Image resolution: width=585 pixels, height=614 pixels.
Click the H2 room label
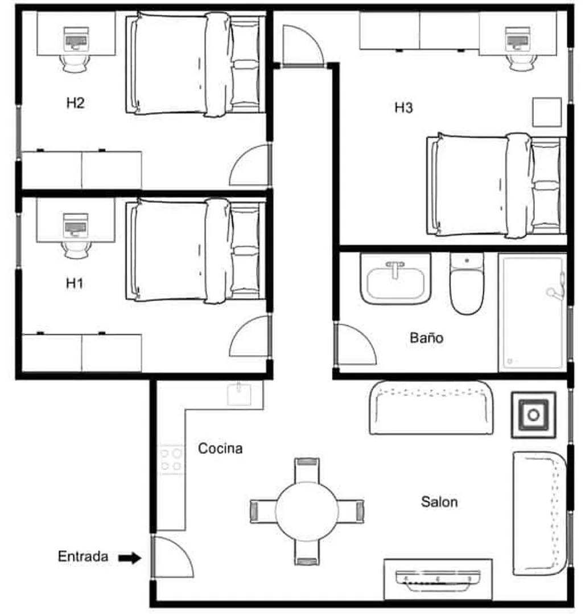[75, 103]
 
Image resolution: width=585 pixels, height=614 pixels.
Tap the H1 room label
[75, 283]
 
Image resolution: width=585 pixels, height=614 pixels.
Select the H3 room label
[403, 108]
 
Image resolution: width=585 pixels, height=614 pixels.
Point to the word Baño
[426, 337]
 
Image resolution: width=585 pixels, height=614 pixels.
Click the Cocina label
[220, 448]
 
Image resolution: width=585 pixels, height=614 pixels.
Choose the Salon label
[439, 502]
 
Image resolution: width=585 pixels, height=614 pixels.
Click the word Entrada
[83, 557]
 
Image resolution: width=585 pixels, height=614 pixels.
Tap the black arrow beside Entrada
[130, 558]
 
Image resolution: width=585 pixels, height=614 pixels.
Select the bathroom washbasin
[396, 279]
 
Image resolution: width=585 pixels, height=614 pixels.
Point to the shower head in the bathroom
[557, 289]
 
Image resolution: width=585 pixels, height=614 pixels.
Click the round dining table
[307, 511]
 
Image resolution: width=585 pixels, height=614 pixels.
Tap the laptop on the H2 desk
[76, 39]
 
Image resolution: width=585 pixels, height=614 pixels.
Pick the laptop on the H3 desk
[518, 39]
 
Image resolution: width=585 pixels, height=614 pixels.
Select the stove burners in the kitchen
[171, 460]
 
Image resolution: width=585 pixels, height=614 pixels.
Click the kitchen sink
[239, 394]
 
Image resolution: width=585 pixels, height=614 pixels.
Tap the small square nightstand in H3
[547, 112]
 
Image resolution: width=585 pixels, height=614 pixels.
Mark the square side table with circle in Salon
[533, 415]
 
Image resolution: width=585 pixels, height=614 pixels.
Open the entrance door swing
[172, 557]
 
